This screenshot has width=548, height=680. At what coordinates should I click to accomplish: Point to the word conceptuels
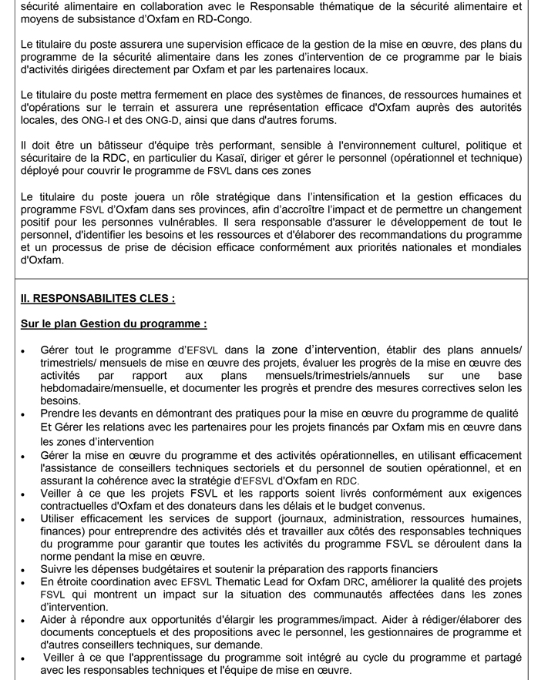114,632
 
